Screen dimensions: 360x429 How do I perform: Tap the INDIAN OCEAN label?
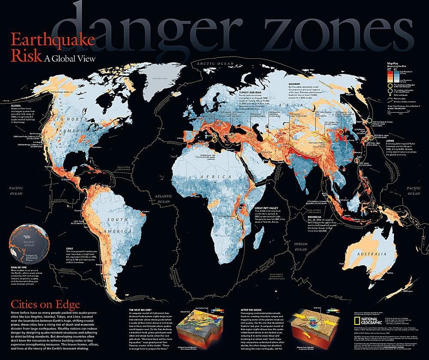[301, 246]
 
